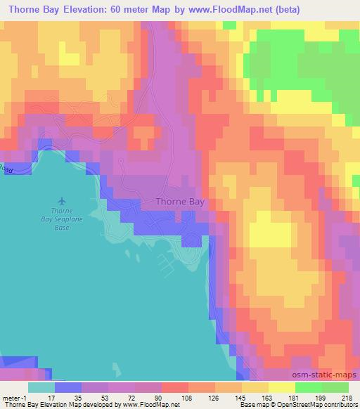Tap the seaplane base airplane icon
click(61, 202)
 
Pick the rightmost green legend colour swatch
click(335, 387)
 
